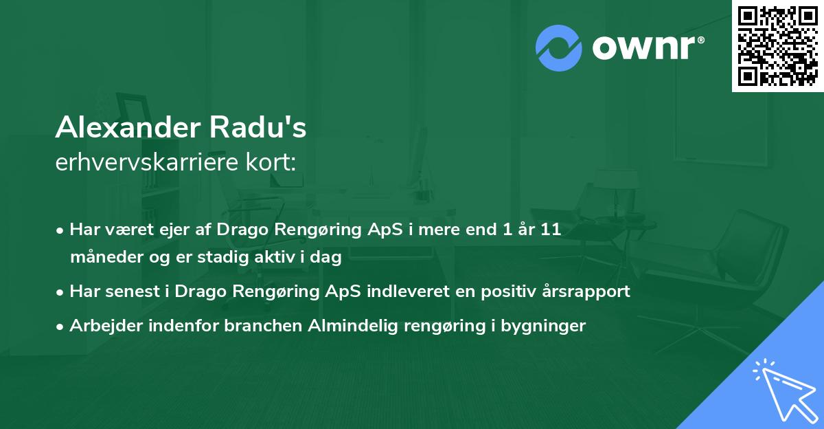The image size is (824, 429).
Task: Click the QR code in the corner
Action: (x=778, y=46)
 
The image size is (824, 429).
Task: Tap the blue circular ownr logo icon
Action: (x=559, y=48)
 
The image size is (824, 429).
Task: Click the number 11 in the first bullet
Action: (x=550, y=230)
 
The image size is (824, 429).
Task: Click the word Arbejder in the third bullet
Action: (x=100, y=325)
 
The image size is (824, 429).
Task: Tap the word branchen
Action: (x=256, y=325)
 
